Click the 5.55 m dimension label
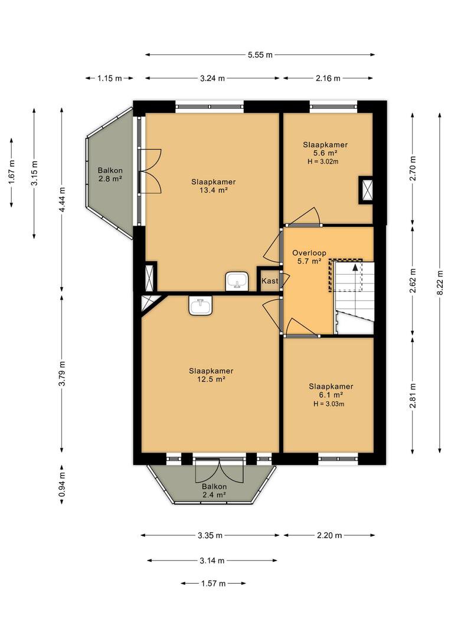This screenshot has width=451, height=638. click(x=260, y=55)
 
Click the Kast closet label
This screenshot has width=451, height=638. click(x=270, y=281)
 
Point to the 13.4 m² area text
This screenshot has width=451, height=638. click(x=214, y=190)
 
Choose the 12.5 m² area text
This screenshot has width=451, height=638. click(x=211, y=379)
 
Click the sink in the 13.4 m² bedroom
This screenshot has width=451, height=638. click(x=237, y=281)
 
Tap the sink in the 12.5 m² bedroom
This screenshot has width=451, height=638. click(x=201, y=305)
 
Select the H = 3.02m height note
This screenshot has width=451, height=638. click(x=323, y=161)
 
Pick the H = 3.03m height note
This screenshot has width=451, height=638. click(x=329, y=404)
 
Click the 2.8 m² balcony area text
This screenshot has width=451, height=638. click(x=110, y=178)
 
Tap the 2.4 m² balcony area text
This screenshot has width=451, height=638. click(x=214, y=495)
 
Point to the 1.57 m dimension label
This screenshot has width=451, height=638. click(x=214, y=584)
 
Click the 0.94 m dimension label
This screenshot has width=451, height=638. click(x=61, y=484)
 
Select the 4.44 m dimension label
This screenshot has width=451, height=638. click(x=61, y=200)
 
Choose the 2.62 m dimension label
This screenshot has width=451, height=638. click(x=413, y=281)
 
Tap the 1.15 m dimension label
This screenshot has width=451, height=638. click(x=109, y=78)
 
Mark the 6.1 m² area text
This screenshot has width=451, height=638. click(x=331, y=395)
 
